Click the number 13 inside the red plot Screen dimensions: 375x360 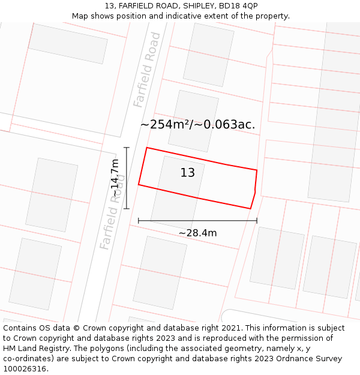click(x=188, y=173)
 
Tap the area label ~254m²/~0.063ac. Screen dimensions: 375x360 click(x=197, y=125)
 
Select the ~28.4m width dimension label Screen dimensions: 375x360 click(x=197, y=233)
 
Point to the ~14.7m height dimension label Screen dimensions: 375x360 click(x=115, y=178)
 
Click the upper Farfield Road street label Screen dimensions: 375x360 click(x=148, y=70)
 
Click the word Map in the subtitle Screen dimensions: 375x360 click(x=80, y=16)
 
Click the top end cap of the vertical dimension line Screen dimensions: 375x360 click(x=126, y=148)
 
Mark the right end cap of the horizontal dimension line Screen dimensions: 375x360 click(x=257, y=221)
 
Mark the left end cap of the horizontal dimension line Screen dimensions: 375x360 click(x=139, y=221)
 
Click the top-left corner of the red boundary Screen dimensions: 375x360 click(x=146, y=148)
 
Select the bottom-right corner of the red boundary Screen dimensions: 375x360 click(x=250, y=209)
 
